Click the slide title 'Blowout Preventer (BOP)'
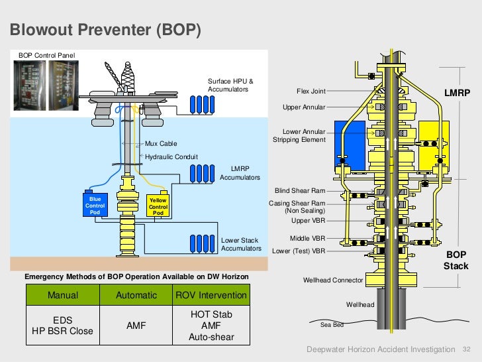105,30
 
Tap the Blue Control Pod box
95,206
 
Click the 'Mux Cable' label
161,143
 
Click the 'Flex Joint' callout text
311,91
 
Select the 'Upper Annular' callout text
304,107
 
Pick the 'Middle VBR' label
307,237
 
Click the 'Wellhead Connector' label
333,280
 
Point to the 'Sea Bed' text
332,325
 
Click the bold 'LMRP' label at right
456,93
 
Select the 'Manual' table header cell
63,295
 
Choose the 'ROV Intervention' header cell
211,295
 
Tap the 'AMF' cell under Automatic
136,326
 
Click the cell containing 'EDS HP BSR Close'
63,326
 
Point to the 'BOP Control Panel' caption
47,54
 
